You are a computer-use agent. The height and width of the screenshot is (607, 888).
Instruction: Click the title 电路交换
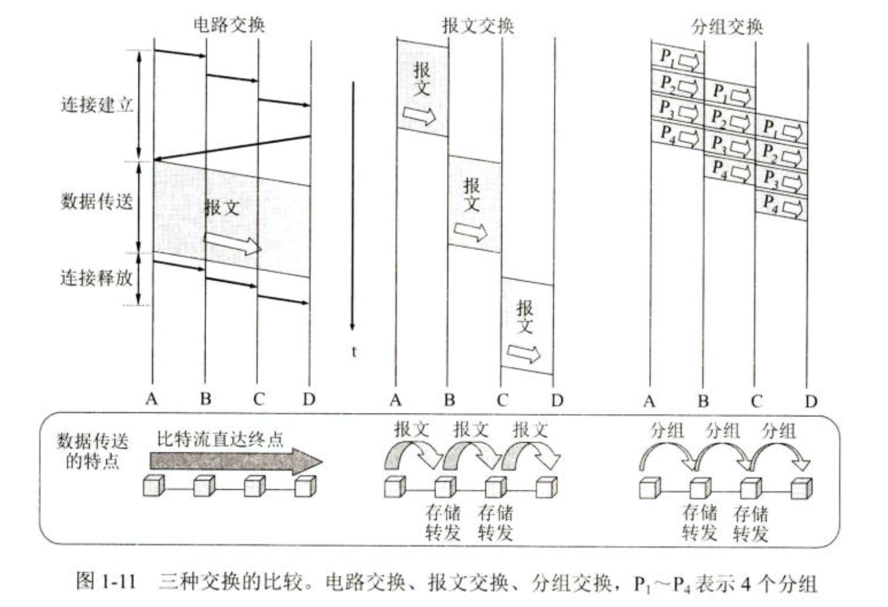229,25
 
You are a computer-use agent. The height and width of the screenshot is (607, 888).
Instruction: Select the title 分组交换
727,26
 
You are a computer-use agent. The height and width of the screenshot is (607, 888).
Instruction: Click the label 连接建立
97,104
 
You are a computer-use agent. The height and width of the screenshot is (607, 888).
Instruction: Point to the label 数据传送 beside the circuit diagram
96,201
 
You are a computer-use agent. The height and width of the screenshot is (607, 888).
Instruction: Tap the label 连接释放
96,277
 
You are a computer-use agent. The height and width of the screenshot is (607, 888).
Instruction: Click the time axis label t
354,352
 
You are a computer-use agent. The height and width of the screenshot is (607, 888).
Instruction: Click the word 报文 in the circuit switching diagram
222,208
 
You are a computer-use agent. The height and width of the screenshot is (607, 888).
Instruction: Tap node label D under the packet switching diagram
811,402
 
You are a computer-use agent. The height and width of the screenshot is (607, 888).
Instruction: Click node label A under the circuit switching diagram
151,399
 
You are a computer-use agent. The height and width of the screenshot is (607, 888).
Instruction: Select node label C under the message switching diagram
502,401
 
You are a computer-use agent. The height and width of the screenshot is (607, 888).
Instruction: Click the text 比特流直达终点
220,439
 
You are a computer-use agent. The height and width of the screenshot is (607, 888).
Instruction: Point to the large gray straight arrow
235,462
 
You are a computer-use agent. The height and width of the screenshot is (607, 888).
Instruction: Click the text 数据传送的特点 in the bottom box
92,451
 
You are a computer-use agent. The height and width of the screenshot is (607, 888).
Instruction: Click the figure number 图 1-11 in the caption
106,582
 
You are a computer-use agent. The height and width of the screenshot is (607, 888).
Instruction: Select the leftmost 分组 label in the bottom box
667,431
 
